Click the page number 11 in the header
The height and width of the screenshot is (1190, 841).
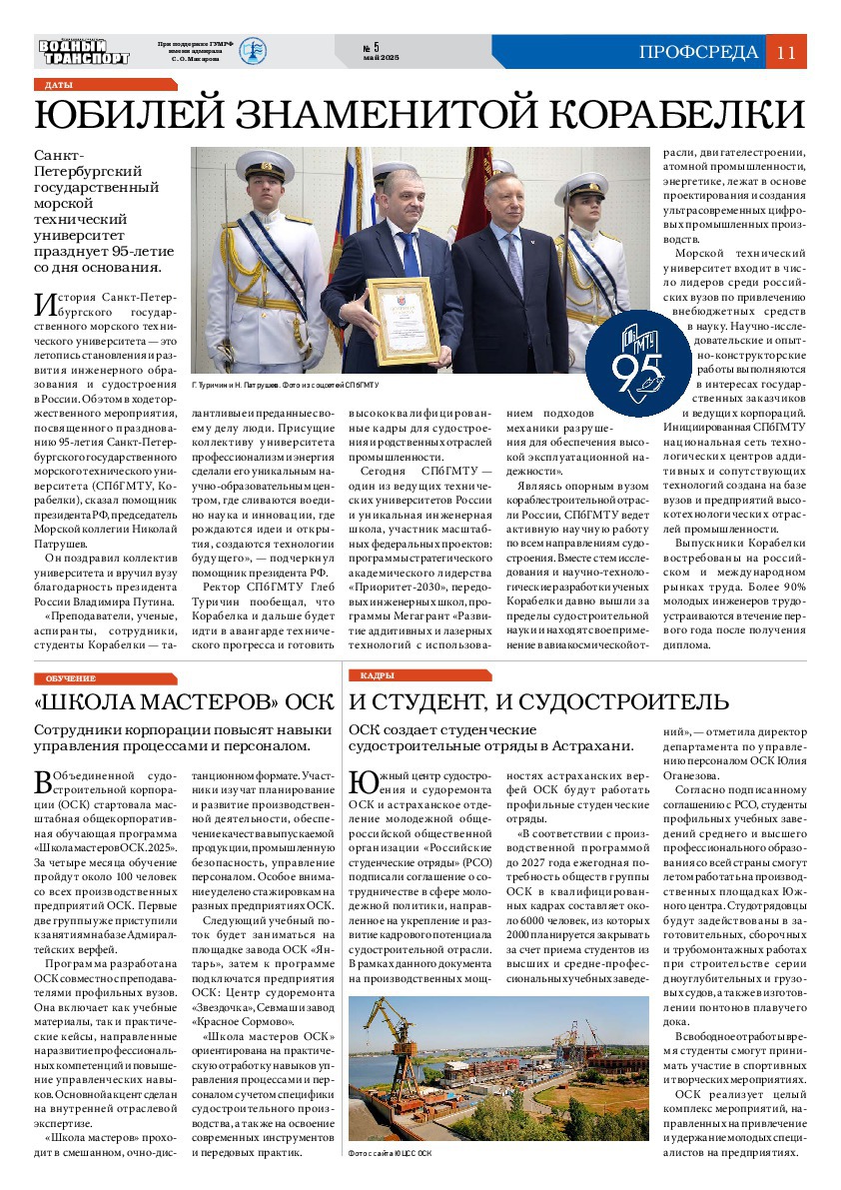785,53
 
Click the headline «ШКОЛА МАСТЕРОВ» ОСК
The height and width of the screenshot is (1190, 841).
169,701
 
